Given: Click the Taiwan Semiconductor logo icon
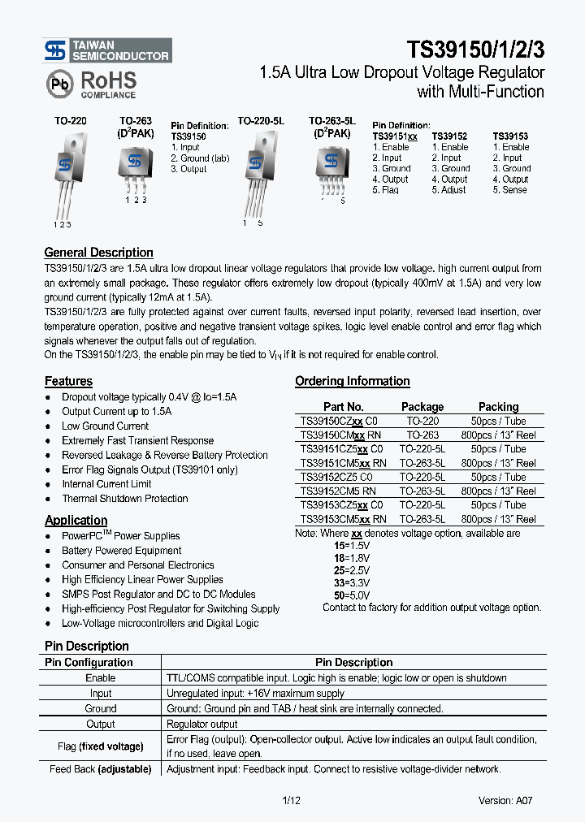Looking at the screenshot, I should pos(54,51).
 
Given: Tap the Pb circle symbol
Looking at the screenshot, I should pos(58,84).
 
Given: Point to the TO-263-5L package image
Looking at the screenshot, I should pos(331,167).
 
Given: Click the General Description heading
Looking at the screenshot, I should pos(98,253).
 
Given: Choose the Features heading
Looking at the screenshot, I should pos(68,382).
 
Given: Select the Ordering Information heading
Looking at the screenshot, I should pos(352,381).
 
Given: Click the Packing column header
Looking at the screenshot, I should pos(498,407).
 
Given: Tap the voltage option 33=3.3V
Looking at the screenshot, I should pos(352,583).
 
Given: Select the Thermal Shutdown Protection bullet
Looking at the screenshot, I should pos(124,499).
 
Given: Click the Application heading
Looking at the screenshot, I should pos(76,521).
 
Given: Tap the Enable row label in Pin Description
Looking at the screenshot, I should pos(101,678).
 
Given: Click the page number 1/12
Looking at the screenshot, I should pos(291,801).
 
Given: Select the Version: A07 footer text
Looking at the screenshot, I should pos(505,801).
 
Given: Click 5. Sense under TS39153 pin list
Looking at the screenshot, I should pos(509,190).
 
